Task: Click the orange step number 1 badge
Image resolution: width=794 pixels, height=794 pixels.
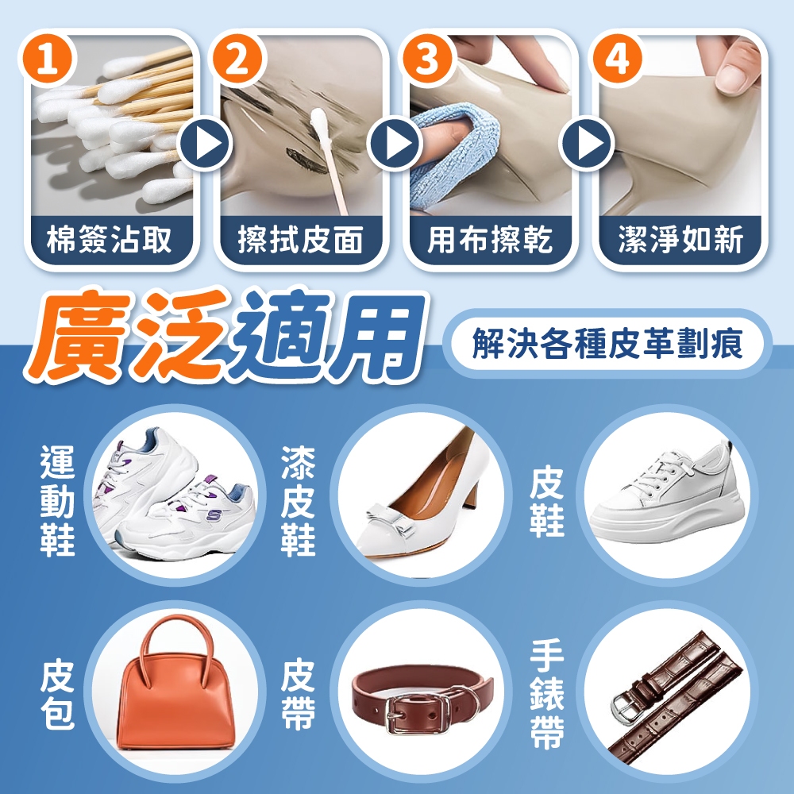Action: coord(48,60)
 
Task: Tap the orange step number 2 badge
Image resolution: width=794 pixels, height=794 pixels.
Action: coord(238,60)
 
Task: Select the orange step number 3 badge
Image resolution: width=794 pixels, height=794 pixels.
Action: coord(426,60)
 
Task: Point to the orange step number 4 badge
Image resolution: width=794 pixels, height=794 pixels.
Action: coord(616,60)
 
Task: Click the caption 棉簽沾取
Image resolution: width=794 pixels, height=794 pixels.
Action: coord(110,240)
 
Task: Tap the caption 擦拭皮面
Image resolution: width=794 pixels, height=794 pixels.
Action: coord(300,240)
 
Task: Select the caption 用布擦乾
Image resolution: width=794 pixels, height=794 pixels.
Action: coord(490,240)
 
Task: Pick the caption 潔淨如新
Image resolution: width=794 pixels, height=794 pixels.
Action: coord(680,240)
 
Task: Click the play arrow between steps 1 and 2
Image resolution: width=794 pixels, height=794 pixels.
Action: coord(205,144)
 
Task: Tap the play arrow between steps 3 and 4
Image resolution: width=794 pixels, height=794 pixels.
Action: coord(587,144)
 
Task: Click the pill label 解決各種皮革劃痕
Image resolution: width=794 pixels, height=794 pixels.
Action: coord(607,344)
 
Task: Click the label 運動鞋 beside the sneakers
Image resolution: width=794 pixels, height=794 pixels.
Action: coord(58,501)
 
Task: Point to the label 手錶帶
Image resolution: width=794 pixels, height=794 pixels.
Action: coord(547,694)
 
